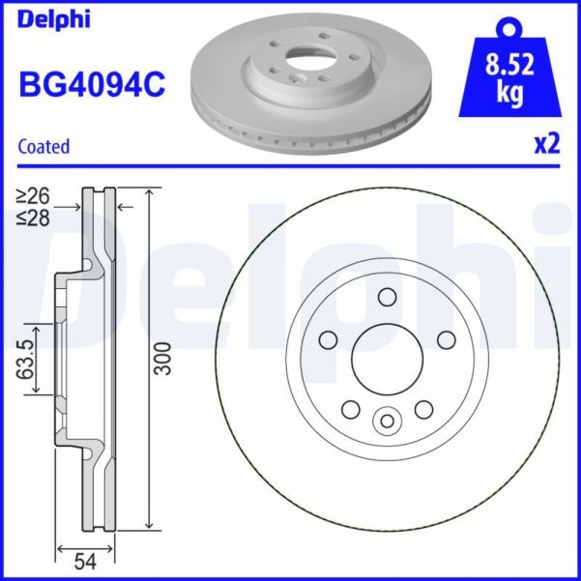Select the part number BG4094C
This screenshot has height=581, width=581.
point(92,86)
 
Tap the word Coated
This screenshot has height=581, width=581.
point(44,147)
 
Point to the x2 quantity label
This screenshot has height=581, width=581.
point(546,144)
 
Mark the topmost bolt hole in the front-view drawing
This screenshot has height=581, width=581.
point(387,297)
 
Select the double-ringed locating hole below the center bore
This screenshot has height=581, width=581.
point(387,421)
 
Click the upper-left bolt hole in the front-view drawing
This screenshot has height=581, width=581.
point(328,339)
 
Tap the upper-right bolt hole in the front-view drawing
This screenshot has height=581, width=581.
point(446,339)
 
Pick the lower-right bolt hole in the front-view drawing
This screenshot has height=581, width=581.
point(423,410)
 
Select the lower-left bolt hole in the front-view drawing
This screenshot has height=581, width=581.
point(350,410)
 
